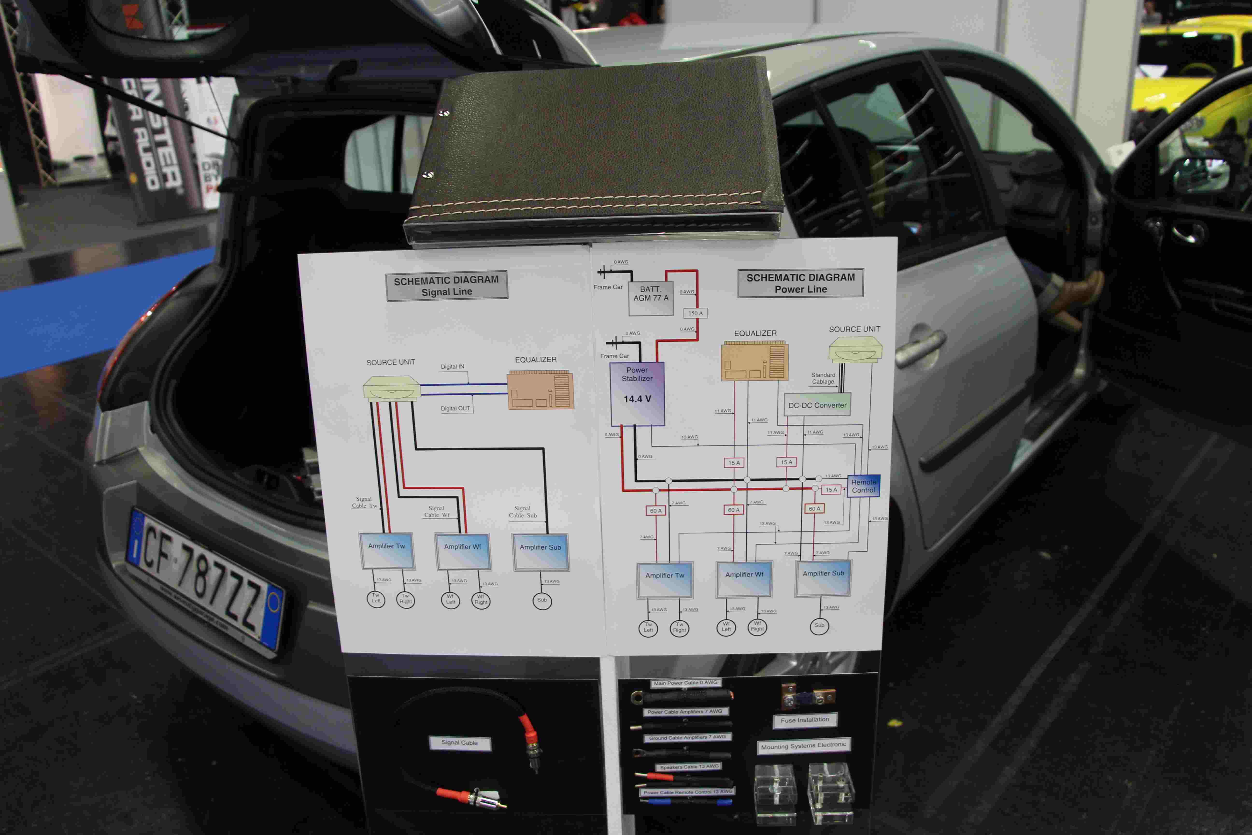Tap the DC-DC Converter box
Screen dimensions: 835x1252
click(817, 405)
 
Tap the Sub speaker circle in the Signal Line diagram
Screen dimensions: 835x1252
click(542, 601)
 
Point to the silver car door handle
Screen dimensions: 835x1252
click(920, 346)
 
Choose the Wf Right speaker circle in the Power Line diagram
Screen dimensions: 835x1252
click(757, 627)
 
